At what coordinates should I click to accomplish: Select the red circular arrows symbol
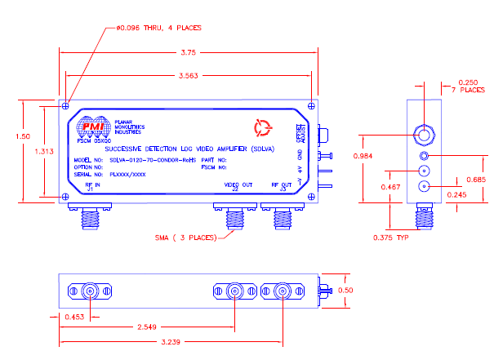click(262, 127)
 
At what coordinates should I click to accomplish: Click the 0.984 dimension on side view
click(365, 155)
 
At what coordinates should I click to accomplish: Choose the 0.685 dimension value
click(475, 180)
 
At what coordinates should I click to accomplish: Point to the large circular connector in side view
click(424, 135)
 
